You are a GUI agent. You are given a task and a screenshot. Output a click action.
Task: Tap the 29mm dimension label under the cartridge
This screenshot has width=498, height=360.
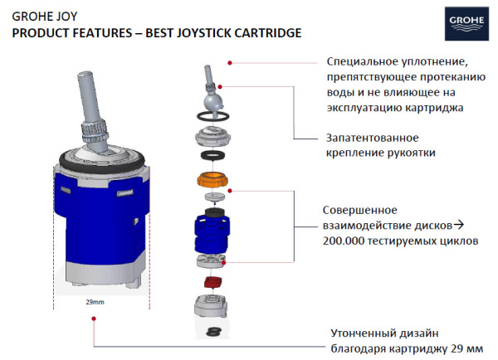pyautogui.click(x=95, y=303)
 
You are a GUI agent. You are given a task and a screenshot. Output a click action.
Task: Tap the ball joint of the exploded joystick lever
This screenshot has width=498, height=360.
pyautogui.click(x=212, y=101)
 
